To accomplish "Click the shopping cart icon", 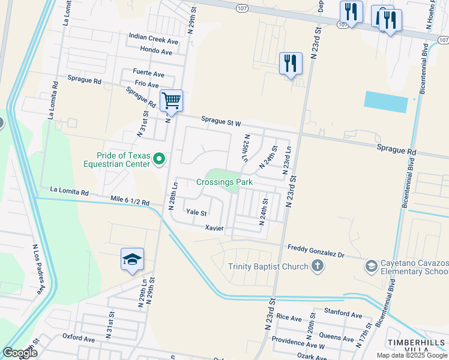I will [x=171, y=100].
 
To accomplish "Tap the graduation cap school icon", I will [x=132, y=259].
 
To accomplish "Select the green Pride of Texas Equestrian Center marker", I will [x=159, y=158].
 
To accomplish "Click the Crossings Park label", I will [x=224, y=182].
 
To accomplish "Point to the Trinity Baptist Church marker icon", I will [x=318, y=266].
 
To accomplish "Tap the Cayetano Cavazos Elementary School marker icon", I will [x=372, y=265].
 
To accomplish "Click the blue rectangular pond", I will [x=384, y=101].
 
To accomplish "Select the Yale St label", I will [x=196, y=212].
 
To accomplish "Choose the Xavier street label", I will [x=214, y=228].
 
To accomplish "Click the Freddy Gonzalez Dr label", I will [x=316, y=251].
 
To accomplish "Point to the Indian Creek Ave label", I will [x=154, y=39].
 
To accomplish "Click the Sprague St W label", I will [x=220, y=123].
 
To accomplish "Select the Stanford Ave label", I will [x=343, y=314].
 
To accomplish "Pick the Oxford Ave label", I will [x=79, y=338].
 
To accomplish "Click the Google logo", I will [x=20, y=352].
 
